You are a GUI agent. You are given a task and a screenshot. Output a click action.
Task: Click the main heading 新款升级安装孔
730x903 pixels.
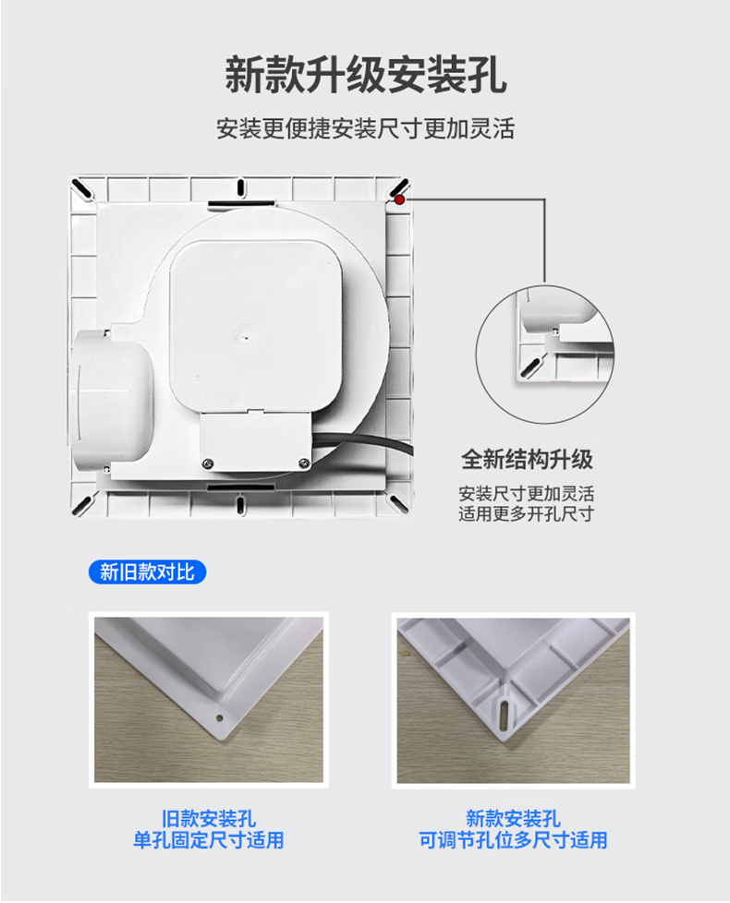click(365, 75)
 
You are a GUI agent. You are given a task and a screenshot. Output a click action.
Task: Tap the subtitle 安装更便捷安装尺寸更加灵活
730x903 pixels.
click(365, 128)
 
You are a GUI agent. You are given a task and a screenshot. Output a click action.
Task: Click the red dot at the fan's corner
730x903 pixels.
click(399, 199)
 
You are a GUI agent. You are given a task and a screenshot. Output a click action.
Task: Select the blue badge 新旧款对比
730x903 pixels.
click(147, 572)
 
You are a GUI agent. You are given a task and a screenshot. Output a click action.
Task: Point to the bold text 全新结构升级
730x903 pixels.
click(527, 460)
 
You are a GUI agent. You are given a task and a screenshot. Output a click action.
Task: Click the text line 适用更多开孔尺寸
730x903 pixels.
click(526, 513)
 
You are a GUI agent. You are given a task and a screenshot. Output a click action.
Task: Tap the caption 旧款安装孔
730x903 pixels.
click(209, 818)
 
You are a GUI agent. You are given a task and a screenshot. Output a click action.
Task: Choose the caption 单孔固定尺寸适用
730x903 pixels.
click(209, 840)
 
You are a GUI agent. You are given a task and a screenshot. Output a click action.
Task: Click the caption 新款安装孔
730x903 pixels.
click(513, 818)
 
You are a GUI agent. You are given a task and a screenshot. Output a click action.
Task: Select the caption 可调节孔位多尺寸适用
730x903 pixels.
click(513, 840)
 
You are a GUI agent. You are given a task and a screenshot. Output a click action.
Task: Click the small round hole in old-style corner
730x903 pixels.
click(219, 718)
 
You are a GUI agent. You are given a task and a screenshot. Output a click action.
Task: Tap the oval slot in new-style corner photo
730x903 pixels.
click(505, 715)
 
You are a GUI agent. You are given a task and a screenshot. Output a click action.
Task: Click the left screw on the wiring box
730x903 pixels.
click(207, 463)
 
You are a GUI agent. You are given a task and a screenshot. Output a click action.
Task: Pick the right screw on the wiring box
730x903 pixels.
click(303, 463)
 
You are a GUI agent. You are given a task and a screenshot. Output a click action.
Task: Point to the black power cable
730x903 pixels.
click(363, 443)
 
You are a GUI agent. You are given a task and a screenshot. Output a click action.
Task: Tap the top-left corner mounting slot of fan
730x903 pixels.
click(82, 189)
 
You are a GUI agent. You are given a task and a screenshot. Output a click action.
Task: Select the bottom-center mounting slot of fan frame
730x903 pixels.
click(240, 505)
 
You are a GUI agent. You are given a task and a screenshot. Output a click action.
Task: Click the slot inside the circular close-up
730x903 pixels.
click(530, 367)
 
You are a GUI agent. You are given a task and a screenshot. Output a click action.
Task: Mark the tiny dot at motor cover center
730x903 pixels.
click(246, 337)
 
